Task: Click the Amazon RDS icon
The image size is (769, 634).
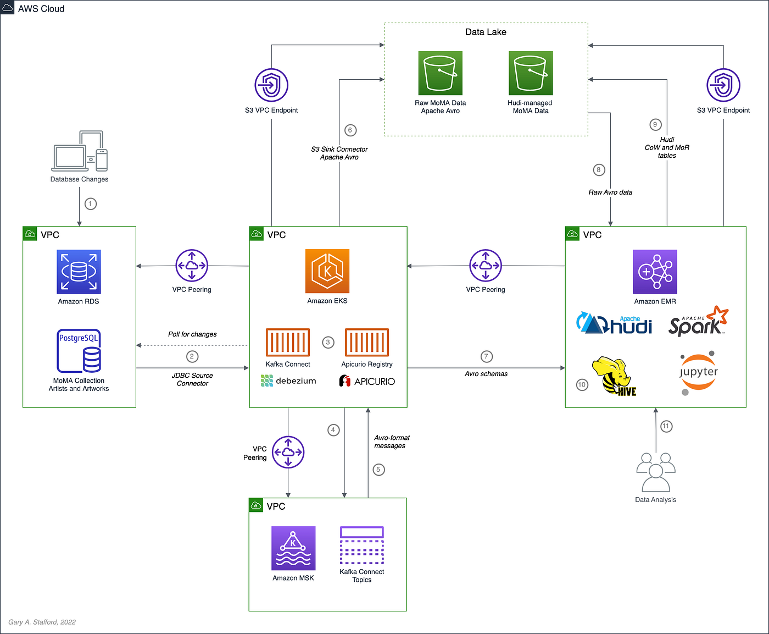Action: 79,272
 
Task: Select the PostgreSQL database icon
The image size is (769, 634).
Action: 79,351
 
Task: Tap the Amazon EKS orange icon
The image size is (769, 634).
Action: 327,271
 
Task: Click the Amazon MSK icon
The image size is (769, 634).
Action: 293,548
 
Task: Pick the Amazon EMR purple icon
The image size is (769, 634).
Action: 655,272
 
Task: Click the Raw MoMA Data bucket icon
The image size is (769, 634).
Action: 440,73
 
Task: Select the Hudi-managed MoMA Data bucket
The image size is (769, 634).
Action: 530,73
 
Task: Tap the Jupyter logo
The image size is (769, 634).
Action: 698,372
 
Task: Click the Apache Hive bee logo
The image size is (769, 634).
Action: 614,377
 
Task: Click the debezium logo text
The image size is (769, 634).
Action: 289,381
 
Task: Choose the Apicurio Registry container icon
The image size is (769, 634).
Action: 366,342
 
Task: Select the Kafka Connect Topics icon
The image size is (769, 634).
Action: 361,545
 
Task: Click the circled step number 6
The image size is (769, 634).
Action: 350,130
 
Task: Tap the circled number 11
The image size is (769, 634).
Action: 666,426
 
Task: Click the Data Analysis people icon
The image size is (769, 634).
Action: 656,472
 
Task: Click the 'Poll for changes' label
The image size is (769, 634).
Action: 192,334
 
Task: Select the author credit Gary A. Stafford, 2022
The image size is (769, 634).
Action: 42,622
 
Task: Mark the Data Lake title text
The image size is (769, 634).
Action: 486,32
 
